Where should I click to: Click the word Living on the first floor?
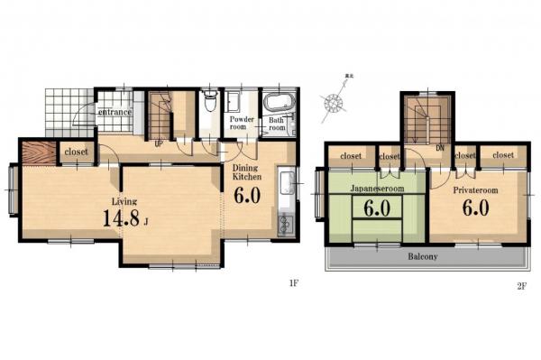124,200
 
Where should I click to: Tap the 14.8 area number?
122,219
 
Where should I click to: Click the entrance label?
115,112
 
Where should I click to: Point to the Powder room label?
242,124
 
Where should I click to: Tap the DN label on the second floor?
440,147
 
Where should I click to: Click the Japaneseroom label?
377,190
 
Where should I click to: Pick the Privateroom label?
475,190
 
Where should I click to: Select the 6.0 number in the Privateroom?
475,208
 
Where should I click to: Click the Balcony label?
421,256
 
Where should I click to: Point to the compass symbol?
335,102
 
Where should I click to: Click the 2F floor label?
521,286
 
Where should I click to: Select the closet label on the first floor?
75,152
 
